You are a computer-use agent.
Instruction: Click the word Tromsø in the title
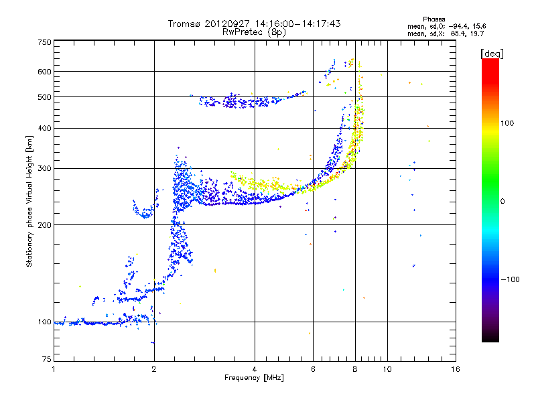(x=184, y=23)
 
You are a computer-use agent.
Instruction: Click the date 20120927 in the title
(x=227, y=23)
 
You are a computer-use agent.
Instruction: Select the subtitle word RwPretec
(x=243, y=32)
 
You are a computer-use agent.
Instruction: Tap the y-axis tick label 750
(x=45, y=42)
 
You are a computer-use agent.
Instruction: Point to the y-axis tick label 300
(x=45, y=168)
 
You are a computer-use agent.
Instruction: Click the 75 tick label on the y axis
(x=47, y=359)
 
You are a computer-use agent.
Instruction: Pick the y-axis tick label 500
(x=45, y=97)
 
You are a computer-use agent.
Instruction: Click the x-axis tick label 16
(x=456, y=369)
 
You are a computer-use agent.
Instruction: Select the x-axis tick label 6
(x=313, y=369)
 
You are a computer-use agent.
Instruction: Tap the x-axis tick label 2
(x=154, y=369)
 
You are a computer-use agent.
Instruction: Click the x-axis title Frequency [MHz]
(x=254, y=378)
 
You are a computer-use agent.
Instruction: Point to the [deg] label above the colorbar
(x=492, y=54)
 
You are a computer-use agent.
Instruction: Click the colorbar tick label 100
(x=507, y=123)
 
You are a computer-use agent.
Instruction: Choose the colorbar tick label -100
(x=511, y=279)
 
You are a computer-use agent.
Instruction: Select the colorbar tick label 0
(x=503, y=202)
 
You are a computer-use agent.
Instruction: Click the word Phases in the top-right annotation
(x=433, y=19)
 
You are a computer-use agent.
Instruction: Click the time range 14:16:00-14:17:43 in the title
(x=297, y=23)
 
